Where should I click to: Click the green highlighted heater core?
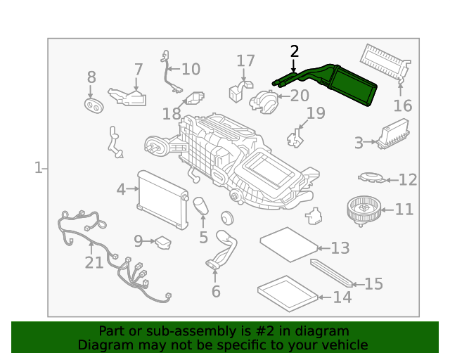click(x=352, y=85)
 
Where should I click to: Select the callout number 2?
click(x=295, y=51)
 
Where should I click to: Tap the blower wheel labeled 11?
click(x=364, y=210)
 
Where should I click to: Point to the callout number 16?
click(x=403, y=105)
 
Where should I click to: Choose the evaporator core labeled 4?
click(x=162, y=200)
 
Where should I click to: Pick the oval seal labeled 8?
click(x=94, y=105)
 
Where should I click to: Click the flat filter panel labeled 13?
click(x=289, y=244)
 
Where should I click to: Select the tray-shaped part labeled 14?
click(x=288, y=294)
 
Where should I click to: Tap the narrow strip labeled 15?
click(x=331, y=273)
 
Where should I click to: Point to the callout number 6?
click(x=216, y=291)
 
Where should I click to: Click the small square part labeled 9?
click(x=163, y=243)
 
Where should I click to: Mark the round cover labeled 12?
click(x=372, y=177)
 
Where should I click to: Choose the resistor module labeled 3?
click(x=393, y=134)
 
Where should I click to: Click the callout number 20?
click(x=300, y=96)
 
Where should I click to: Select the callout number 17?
click(x=245, y=60)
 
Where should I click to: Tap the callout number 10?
click(x=191, y=69)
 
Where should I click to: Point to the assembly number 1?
click(x=38, y=167)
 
